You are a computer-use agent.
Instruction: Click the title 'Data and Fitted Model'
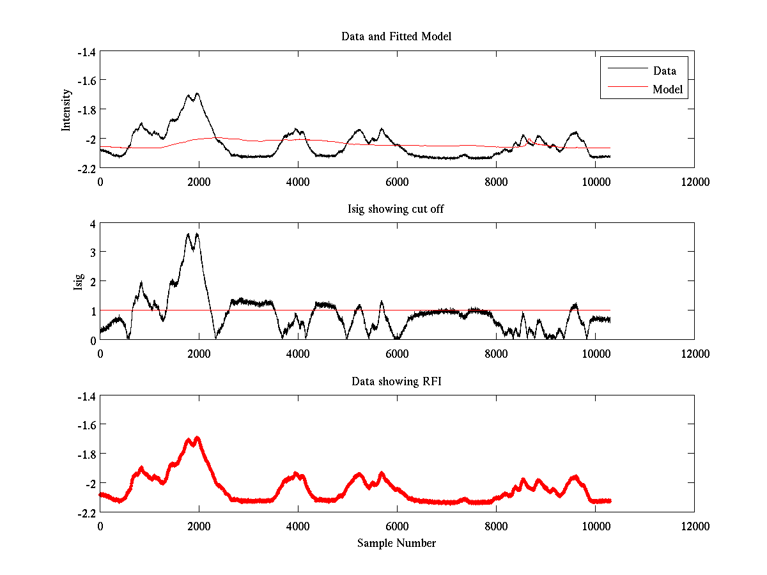pos(396,36)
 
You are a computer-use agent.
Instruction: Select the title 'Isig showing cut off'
pos(396,209)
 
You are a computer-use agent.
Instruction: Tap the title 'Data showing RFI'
pos(396,381)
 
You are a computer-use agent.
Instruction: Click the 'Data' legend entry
pos(664,71)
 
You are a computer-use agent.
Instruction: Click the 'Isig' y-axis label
pos(79,282)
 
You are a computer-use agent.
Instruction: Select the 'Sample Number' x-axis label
pos(396,543)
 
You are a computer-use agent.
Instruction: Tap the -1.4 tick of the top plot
pos(86,52)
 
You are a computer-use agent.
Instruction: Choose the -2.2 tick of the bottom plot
pos(86,512)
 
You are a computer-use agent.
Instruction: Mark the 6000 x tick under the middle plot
pos(397,354)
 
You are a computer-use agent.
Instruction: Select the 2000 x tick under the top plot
pos(199,181)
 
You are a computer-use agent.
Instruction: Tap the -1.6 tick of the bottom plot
pos(86,425)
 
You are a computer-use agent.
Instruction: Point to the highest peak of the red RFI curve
pos(197,438)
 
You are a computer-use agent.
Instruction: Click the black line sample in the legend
pos(625,68)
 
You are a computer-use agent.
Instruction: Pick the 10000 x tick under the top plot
pos(595,181)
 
